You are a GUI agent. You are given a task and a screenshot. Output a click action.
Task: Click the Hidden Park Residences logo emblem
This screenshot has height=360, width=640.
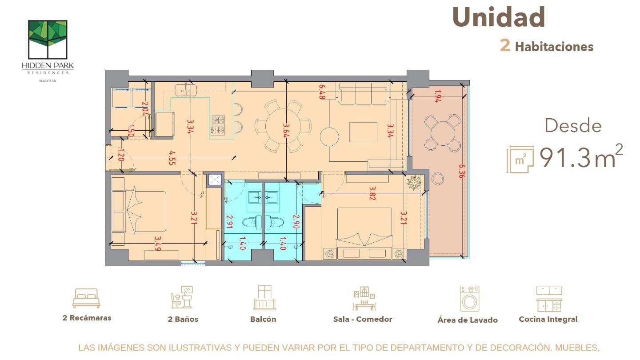pyautogui.click(x=48, y=39)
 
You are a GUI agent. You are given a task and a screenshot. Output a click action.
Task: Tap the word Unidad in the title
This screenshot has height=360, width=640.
pyautogui.click(x=498, y=18)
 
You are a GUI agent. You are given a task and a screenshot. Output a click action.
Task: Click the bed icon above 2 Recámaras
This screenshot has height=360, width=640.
pyautogui.click(x=86, y=298)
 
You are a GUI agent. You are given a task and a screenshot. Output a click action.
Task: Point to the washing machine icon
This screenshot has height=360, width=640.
pyautogui.click(x=469, y=299)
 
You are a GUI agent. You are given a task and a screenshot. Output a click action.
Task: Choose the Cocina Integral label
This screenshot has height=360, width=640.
pyautogui.click(x=548, y=319)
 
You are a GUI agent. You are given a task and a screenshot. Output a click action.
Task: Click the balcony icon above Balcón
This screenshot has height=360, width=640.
pyautogui.click(x=264, y=298)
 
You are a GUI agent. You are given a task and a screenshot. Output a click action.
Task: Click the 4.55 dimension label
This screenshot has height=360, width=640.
pyautogui.click(x=172, y=157)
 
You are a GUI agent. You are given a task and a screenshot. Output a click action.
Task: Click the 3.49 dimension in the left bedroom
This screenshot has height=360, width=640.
pyautogui.click(x=158, y=243)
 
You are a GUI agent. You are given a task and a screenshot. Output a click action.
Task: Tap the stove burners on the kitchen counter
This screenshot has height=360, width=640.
pyautogui.click(x=218, y=124)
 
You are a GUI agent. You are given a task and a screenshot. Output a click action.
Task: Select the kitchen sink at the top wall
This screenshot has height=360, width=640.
pyautogui.click(x=186, y=90)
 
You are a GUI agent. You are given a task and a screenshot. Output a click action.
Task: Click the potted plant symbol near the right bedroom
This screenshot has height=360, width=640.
pyautogui.click(x=414, y=182)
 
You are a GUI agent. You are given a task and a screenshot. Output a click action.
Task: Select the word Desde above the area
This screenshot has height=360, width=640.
pyautogui.click(x=573, y=126)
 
